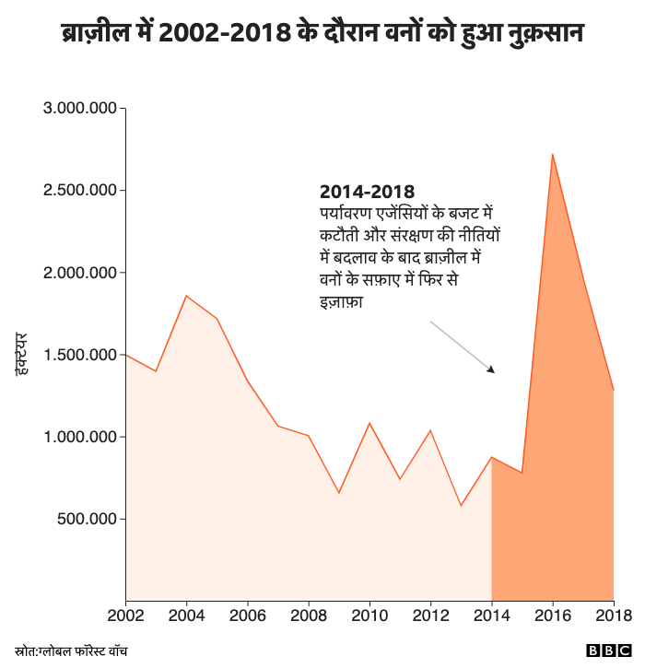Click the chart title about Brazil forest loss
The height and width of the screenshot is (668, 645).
(x=322, y=34)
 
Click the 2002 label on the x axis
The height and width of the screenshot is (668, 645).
(x=126, y=615)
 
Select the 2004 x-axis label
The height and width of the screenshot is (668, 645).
(x=187, y=615)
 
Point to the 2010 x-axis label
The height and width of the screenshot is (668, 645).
(x=369, y=615)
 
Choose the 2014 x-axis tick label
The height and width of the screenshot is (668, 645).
(x=491, y=615)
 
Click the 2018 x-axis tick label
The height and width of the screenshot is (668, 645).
(x=612, y=615)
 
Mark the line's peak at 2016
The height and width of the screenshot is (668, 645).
(x=552, y=155)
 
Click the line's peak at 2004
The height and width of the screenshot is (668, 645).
(x=187, y=296)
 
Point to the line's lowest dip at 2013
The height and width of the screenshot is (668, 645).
(x=461, y=505)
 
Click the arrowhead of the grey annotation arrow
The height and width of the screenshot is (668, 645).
(x=492, y=370)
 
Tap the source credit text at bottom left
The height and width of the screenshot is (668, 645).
(x=71, y=650)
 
